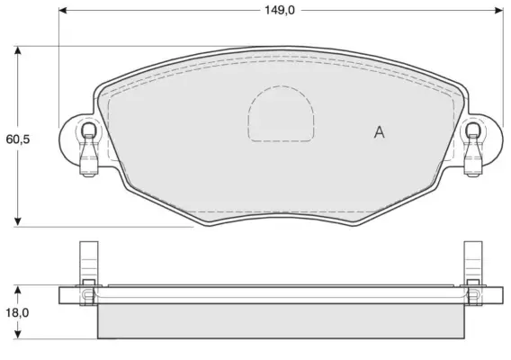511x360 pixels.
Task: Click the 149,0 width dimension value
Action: pyautogui.click(x=279, y=11)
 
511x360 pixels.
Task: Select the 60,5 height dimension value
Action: pyautogui.click(x=18, y=139)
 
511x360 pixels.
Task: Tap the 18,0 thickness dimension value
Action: pyautogui.click(x=17, y=312)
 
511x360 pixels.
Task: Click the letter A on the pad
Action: pyautogui.click(x=380, y=132)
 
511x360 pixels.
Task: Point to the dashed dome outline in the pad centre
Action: pyautogui.click(x=281, y=86)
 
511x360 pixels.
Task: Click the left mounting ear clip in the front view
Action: pyautogui.click(x=89, y=149)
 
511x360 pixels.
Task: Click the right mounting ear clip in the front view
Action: pyautogui.click(x=473, y=149)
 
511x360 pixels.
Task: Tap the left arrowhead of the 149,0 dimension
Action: pyautogui.click(x=63, y=11)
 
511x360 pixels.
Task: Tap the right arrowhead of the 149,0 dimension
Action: pyautogui.click(x=499, y=11)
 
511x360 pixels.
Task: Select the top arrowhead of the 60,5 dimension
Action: pyautogui.click(x=18, y=50)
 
